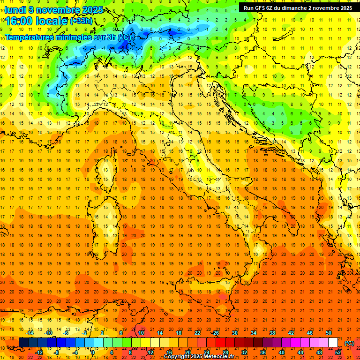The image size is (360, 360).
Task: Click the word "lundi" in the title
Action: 15,10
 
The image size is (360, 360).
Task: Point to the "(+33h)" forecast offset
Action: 81,21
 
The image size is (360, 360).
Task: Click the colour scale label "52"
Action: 338,352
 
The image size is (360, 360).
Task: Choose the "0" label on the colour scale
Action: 93,352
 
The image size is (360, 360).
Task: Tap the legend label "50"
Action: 329,333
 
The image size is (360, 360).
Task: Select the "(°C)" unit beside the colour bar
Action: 349,343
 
